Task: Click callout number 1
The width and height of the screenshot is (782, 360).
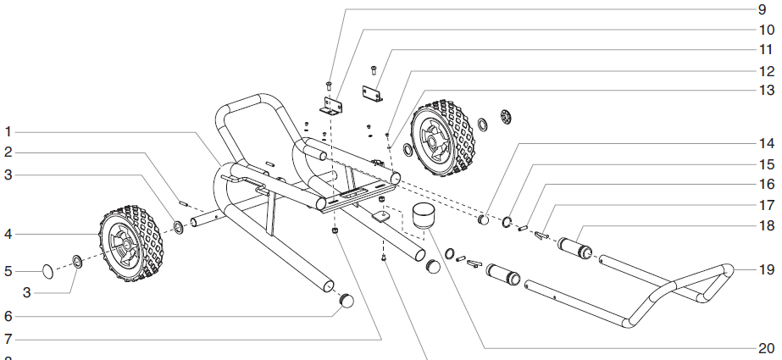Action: (x=8, y=131)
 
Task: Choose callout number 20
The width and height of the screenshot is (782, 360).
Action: (x=765, y=347)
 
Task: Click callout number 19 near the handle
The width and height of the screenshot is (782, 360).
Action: (x=765, y=270)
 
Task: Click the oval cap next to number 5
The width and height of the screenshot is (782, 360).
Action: (x=48, y=272)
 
